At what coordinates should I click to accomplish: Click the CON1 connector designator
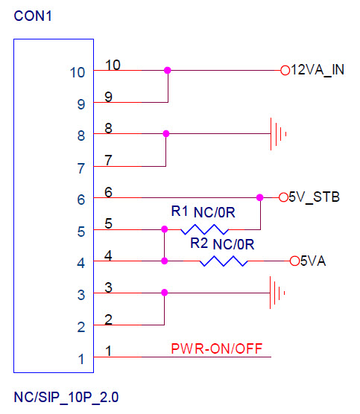tap(33, 16)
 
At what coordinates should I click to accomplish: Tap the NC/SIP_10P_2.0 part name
tap(66, 397)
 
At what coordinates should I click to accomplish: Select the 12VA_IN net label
tap(318, 70)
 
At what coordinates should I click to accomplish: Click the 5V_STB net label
tap(314, 197)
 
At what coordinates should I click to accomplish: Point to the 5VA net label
tap(313, 261)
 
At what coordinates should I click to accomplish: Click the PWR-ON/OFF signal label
tap(217, 348)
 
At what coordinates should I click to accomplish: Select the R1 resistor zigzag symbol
tap(204, 229)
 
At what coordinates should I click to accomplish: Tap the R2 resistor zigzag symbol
tap(224, 261)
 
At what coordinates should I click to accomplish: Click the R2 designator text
tap(199, 243)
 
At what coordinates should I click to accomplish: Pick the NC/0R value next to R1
tap(215, 212)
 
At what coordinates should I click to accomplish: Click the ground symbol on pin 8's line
tap(278, 134)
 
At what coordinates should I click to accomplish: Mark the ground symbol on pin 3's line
tap(277, 293)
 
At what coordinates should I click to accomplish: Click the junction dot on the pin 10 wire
tap(167, 70)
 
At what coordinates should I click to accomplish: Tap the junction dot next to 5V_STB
tap(260, 197)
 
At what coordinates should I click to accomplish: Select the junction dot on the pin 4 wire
tap(165, 261)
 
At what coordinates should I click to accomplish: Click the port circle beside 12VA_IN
tap(285, 71)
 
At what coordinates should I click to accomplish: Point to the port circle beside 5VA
tap(294, 261)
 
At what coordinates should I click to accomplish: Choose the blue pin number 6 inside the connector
tap(81, 200)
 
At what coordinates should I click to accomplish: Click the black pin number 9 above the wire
tap(108, 97)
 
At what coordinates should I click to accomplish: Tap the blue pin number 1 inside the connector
tap(81, 359)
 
